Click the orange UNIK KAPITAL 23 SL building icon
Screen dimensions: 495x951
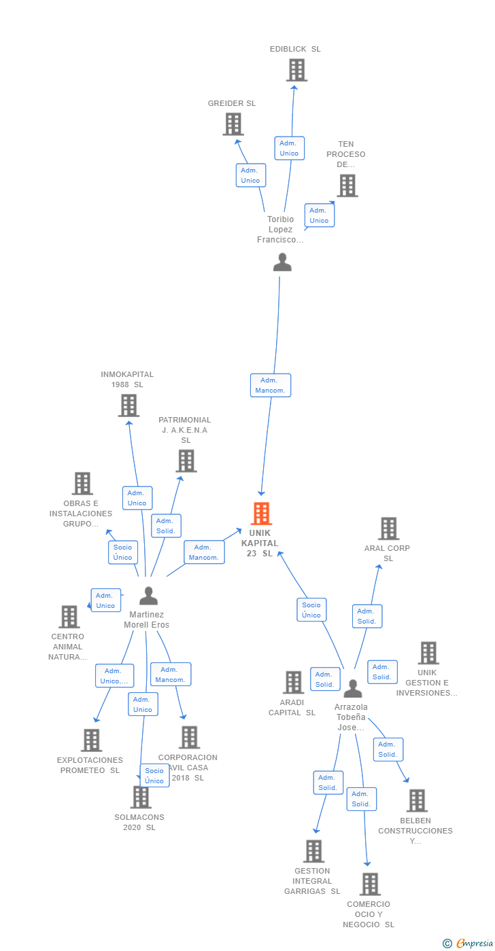pyautogui.click(x=261, y=514)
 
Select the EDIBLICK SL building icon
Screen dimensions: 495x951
pyautogui.click(x=296, y=69)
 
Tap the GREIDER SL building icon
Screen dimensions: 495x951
pyautogui.click(x=233, y=124)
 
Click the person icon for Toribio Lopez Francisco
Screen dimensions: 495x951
pyautogui.click(x=282, y=262)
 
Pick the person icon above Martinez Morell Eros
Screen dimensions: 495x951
pyautogui.click(x=149, y=596)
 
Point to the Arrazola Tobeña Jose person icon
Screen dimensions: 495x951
pyautogui.click(x=353, y=688)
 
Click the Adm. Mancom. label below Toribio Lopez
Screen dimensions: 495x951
pyautogui.click(x=271, y=385)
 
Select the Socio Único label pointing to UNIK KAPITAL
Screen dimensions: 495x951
pyautogui.click(x=311, y=610)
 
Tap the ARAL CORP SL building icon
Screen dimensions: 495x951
pyautogui.click(x=389, y=528)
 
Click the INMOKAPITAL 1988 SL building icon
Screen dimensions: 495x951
pyautogui.click(x=129, y=406)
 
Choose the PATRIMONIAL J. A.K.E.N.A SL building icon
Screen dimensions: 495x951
pyautogui.click(x=186, y=461)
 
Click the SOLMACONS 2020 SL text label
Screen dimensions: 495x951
pyautogui.click(x=139, y=822)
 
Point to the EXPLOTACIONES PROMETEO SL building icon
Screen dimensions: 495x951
pyautogui.click(x=92, y=740)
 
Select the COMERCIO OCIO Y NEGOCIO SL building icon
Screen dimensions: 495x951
pyautogui.click(x=370, y=884)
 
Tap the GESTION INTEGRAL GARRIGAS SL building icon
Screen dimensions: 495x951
pyautogui.click(x=314, y=850)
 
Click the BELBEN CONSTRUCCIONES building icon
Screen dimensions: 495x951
pyautogui.click(x=417, y=800)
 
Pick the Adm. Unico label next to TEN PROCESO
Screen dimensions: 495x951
pyautogui.click(x=320, y=215)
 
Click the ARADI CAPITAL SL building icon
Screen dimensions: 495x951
pyautogui.click(x=293, y=682)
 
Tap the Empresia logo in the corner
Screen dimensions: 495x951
pyautogui.click(x=468, y=943)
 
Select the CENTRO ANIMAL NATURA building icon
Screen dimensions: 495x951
pyautogui.click(x=69, y=617)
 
